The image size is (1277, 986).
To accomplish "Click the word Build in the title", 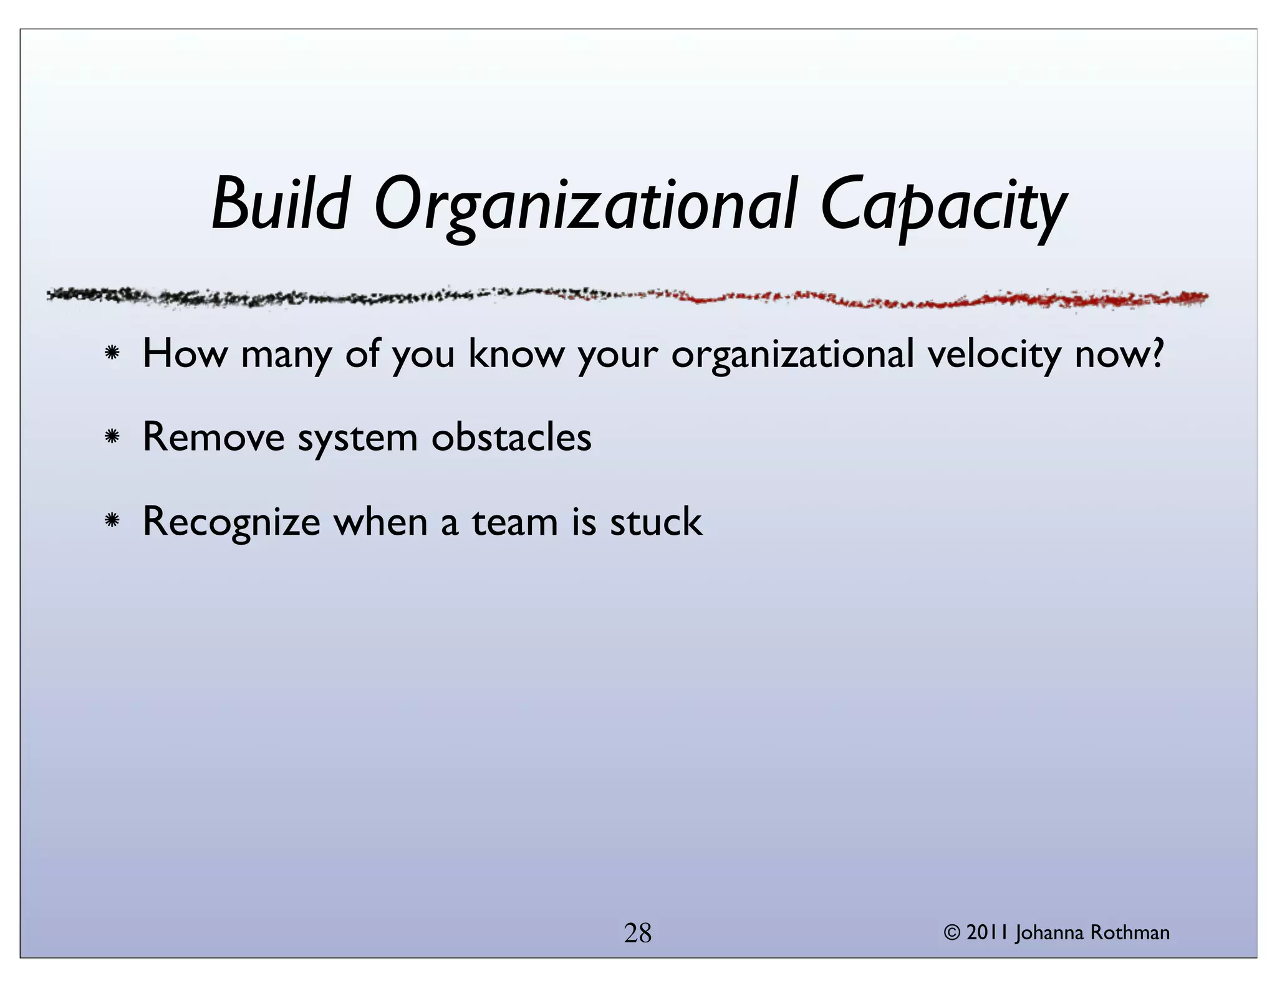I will (x=280, y=204).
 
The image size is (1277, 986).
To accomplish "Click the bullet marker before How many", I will (x=112, y=353).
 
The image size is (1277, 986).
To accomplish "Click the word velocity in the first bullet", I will (x=993, y=355).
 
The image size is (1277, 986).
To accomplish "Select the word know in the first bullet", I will (x=516, y=353).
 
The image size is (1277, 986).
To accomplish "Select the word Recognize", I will (x=231, y=522).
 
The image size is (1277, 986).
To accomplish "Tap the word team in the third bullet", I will (x=514, y=522).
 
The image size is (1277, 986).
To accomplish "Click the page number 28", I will (x=638, y=933).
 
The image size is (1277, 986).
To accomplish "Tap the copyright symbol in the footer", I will (x=952, y=932).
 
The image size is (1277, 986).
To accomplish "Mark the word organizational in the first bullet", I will (x=792, y=355).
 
